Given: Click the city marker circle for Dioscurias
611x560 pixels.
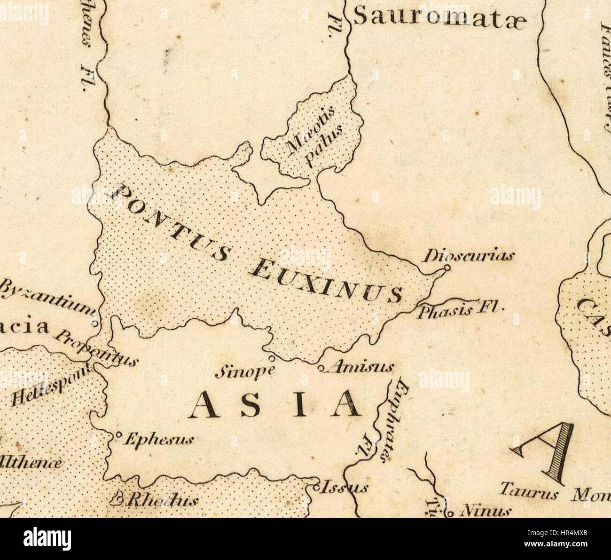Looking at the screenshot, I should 447,268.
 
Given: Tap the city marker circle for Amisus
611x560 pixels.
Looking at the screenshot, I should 321,369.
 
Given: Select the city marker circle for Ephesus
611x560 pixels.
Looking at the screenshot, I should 118,434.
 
